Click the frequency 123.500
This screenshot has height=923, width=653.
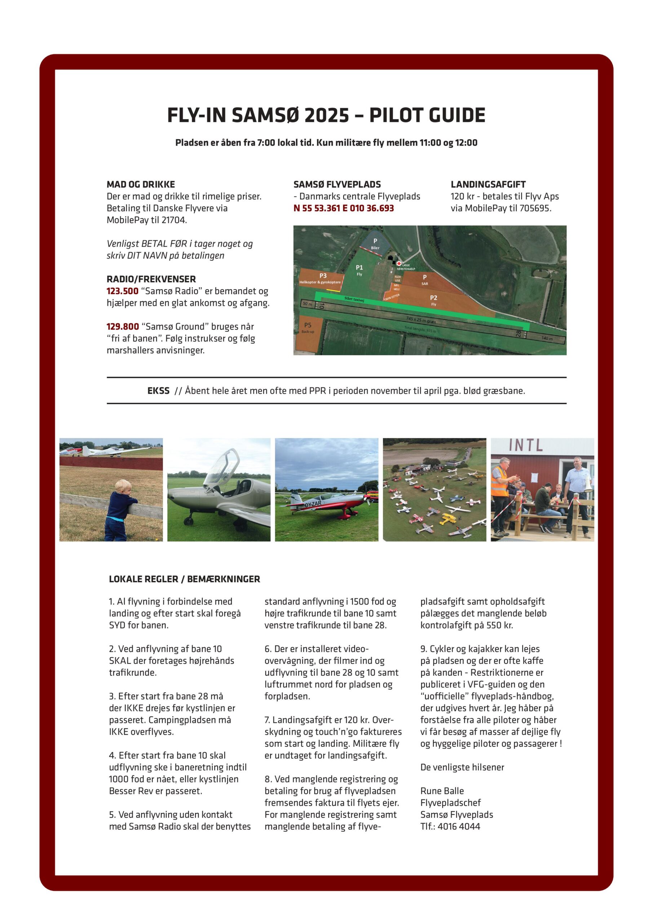(122, 291)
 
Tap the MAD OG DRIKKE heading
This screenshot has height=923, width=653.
(141, 185)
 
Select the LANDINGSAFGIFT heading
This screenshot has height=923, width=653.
(488, 185)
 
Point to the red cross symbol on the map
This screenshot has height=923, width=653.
(399, 263)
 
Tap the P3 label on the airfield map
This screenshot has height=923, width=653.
(323, 276)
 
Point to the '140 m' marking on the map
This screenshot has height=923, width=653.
(547, 339)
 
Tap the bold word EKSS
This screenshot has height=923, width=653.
(158, 391)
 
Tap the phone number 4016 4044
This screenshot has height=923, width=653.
(459, 826)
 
